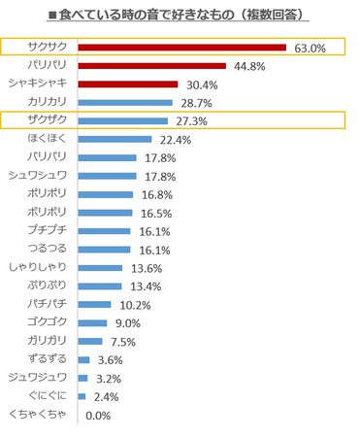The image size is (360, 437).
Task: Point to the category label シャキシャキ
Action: click(40, 84)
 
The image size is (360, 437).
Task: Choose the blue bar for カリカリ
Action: click(124, 102)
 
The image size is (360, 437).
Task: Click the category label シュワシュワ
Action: click(40, 176)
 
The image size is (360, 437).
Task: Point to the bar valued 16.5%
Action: click(103, 213)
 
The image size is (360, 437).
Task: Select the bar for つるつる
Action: click(102, 250)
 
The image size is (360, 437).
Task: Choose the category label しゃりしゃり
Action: click(40, 268)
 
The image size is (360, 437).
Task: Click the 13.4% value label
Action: click(143, 286)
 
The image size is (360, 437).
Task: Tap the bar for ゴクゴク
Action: click(91, 323)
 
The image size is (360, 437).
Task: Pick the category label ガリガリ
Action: click(47, 342)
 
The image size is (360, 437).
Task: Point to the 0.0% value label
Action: click(98, 416)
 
